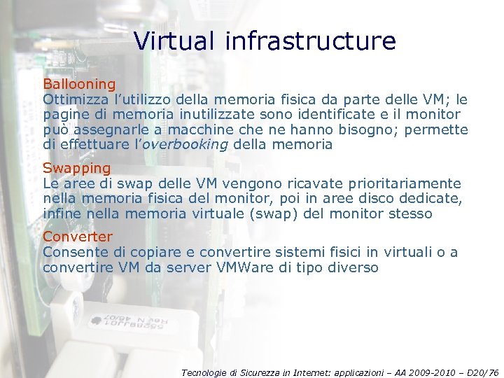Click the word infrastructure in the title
(311, 41)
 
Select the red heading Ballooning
(79, 85)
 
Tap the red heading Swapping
(77, 168)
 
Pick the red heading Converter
(77, 237)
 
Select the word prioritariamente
(405, 183)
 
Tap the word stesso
(410, 214)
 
